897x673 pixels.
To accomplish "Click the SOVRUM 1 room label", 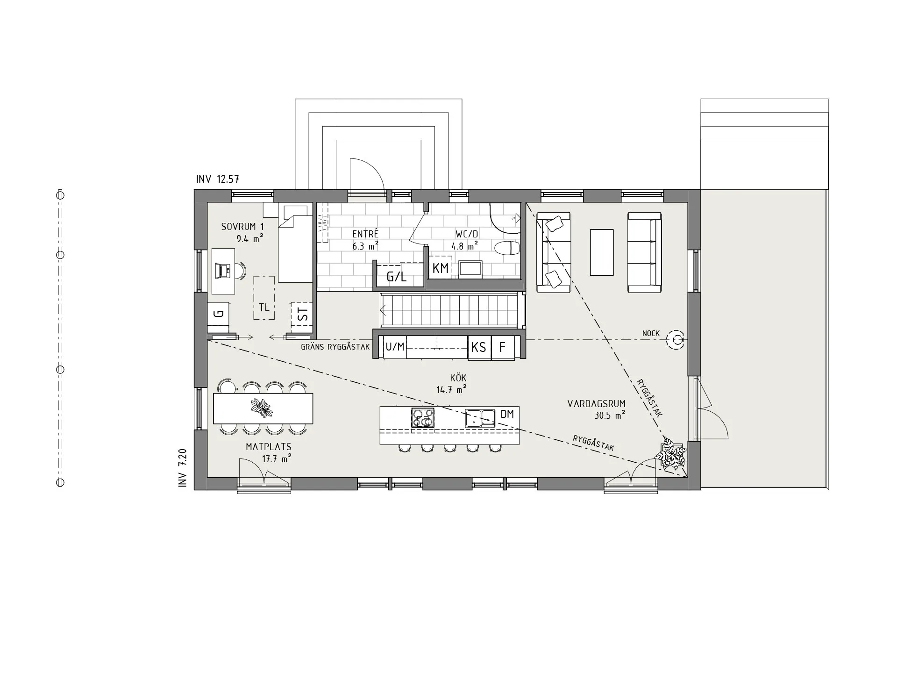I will coord(239,227).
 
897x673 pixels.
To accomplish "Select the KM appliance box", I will coord(440,268).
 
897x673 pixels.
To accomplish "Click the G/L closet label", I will coord(397,277).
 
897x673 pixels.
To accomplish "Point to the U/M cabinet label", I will coord(395,347).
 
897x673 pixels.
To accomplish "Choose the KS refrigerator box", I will coord(479,347).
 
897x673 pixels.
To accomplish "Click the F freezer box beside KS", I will coord(503,347).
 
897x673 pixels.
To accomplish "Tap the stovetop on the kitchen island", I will coord(422,417).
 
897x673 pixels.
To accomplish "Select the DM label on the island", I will coord(507,414).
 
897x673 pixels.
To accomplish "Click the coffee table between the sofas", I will coord(601,252).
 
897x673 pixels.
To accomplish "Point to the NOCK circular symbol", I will coord(675,340).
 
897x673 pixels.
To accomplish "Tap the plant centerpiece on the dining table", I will coord(262,408).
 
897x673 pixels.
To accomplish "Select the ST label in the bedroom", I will coord(303,315).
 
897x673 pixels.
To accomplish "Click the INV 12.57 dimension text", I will coord(218,179).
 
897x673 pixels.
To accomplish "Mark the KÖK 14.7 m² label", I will coord(452,384).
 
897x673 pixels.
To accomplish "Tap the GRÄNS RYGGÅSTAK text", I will coord(335,347).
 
